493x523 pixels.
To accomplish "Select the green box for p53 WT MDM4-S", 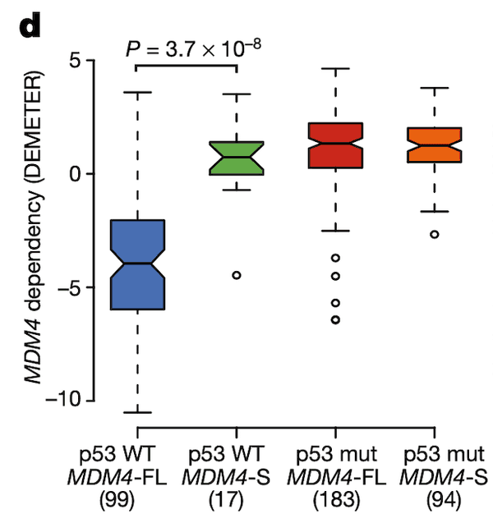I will (237, 158).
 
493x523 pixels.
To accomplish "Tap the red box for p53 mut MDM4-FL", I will (335, 145).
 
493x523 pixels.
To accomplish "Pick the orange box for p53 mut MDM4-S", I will (435, 145).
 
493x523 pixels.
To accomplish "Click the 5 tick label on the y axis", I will (79, 61).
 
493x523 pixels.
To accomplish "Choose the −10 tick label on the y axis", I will (69, 400).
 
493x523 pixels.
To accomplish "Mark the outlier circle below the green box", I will (237, 275).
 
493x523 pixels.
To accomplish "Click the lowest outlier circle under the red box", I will (335, 319).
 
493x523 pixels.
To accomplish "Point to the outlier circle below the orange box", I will (435, 234).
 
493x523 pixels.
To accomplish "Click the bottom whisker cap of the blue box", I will (137, 412).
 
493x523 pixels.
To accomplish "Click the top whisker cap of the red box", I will (335, 68).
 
